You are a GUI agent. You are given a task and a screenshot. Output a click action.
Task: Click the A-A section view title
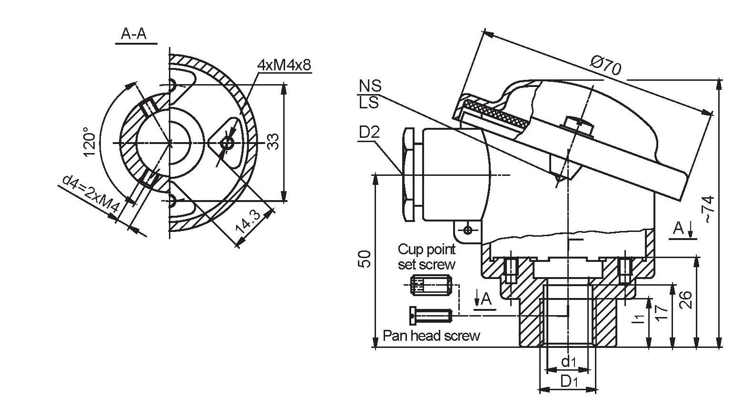134,34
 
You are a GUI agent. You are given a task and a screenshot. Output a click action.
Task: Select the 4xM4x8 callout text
284,65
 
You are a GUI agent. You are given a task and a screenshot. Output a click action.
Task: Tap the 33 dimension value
272,142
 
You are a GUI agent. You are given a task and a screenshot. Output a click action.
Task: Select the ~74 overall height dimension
709,210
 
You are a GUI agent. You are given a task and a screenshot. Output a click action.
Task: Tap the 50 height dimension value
365,260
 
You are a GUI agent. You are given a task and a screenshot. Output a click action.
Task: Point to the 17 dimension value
662,313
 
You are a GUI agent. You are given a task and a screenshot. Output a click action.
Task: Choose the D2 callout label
369,133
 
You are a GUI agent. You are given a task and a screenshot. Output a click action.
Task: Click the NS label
370,86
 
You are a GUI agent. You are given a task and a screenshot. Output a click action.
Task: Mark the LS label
369,102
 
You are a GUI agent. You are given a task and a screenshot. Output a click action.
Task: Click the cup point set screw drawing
431,286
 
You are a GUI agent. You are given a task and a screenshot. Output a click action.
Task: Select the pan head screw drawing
430,315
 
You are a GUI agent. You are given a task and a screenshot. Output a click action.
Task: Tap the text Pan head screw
431,336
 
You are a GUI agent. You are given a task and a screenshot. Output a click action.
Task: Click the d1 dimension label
569,362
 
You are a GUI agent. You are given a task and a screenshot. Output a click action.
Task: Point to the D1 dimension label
569,381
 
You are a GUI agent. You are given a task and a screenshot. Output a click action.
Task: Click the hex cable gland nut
409,174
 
